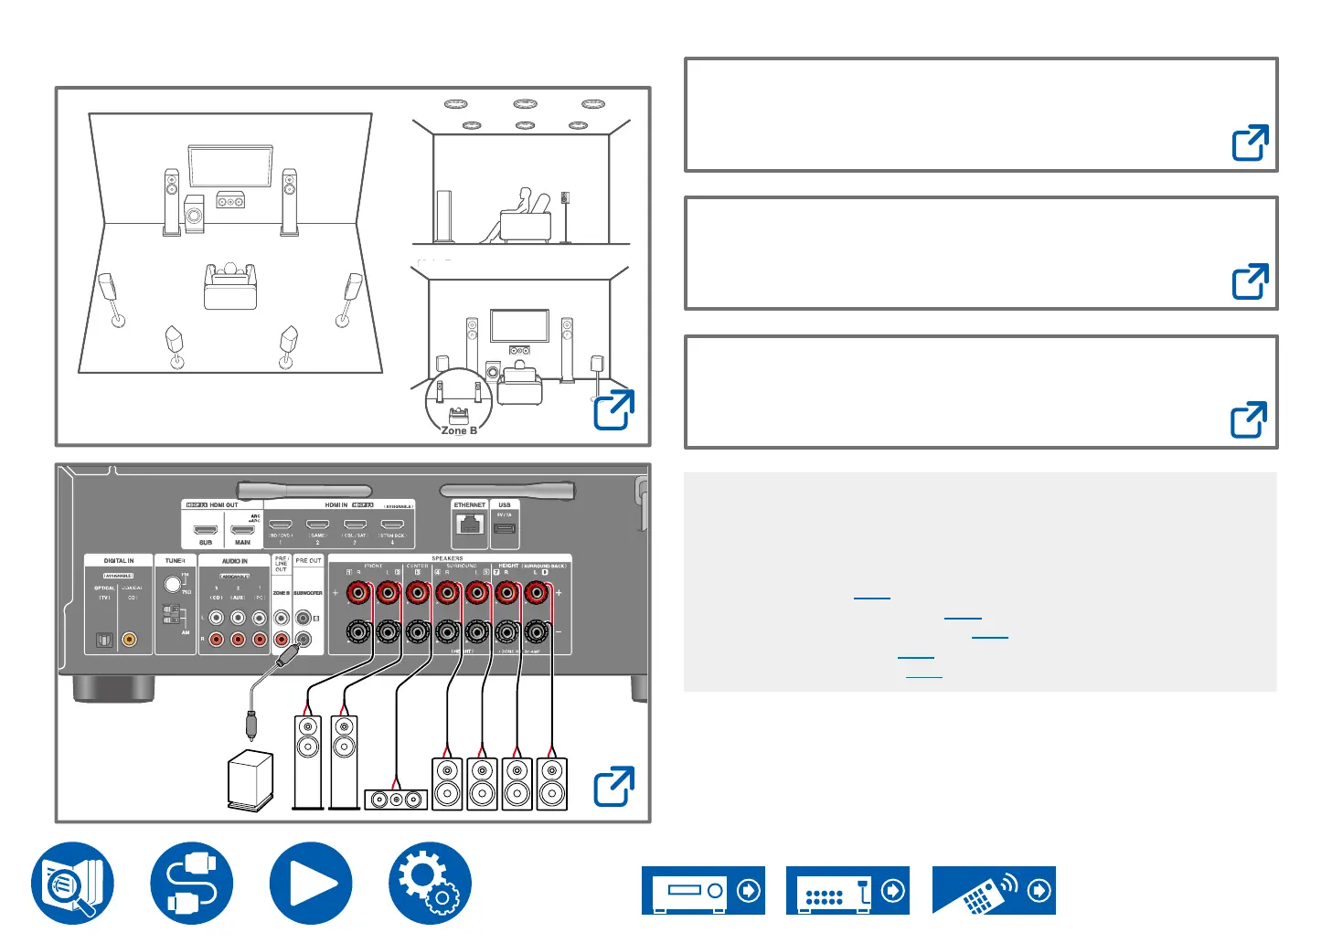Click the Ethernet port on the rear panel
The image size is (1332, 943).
[470, 525]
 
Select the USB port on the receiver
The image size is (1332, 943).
[505, 528]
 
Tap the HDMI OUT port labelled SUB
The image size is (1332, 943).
[206, 529]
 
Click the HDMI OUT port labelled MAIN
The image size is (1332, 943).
[242, 529]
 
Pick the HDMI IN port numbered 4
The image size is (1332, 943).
[392, 525]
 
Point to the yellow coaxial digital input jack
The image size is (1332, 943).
[130, 641]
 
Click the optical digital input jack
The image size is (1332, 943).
[104, 641]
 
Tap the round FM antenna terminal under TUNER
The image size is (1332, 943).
[173, 583]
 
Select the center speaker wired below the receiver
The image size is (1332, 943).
[396, 800]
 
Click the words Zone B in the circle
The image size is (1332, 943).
[459, 430]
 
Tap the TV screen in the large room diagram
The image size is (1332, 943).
[229, 165]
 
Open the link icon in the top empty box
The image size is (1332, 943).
[1250, 143]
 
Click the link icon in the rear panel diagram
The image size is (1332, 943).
[613, 787]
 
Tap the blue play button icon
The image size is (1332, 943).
[311, 884]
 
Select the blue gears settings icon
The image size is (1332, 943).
[430, 884]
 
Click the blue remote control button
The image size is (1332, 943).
[994, 890]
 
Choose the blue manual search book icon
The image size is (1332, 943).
[73, 884]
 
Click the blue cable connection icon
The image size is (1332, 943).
[192, 884]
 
